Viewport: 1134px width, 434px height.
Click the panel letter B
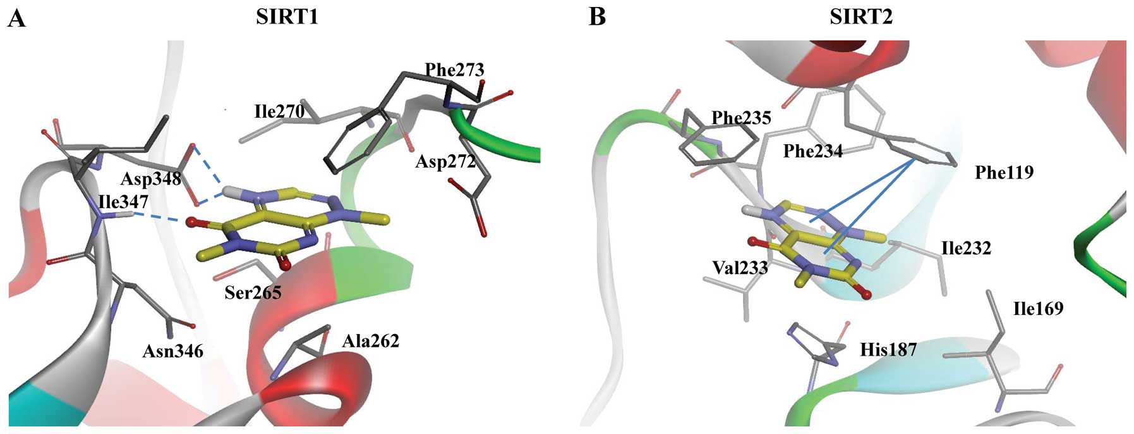pyautogui.click(x=597, y=17)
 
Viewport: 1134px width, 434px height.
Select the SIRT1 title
pyautogui.click(x=287, y=17)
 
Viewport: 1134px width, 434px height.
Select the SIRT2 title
pyautogui.click(x=861, y=17)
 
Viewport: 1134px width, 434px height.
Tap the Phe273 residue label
pyautogui.click(x=454, y=70)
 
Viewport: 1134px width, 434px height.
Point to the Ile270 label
pyautogui.click(x=279, y=112)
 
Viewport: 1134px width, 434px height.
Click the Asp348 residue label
pyautogui.click(x=151, y=179)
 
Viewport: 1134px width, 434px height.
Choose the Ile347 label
pyautogui.click(x=124, y=202)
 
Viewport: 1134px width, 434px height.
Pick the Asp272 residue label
pyautogui.click(x=445, y=162)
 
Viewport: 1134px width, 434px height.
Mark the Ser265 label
pyautogui.click(x=253, y=292)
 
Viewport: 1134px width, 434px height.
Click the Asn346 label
pyautogui.click(x=172, y=351)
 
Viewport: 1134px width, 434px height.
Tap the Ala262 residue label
pyautogui.click(x=371, y=342)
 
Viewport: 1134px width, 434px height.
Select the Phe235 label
pyautogui.click(x=741, y=118)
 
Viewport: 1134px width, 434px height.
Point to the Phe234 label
pyautogui.click(x=812, y=151)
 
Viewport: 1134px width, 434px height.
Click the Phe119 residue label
pyautogui.click(x=1004, y=172)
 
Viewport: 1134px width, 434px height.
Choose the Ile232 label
pyautogui.click(x=966, y=248)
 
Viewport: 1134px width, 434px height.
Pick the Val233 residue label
pyautogui.click(x=740, y=268)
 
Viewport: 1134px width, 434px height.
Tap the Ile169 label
pyautogui.click(x=1038, y=309)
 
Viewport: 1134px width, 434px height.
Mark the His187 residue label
pyautogui.click(x=888, y=349)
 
